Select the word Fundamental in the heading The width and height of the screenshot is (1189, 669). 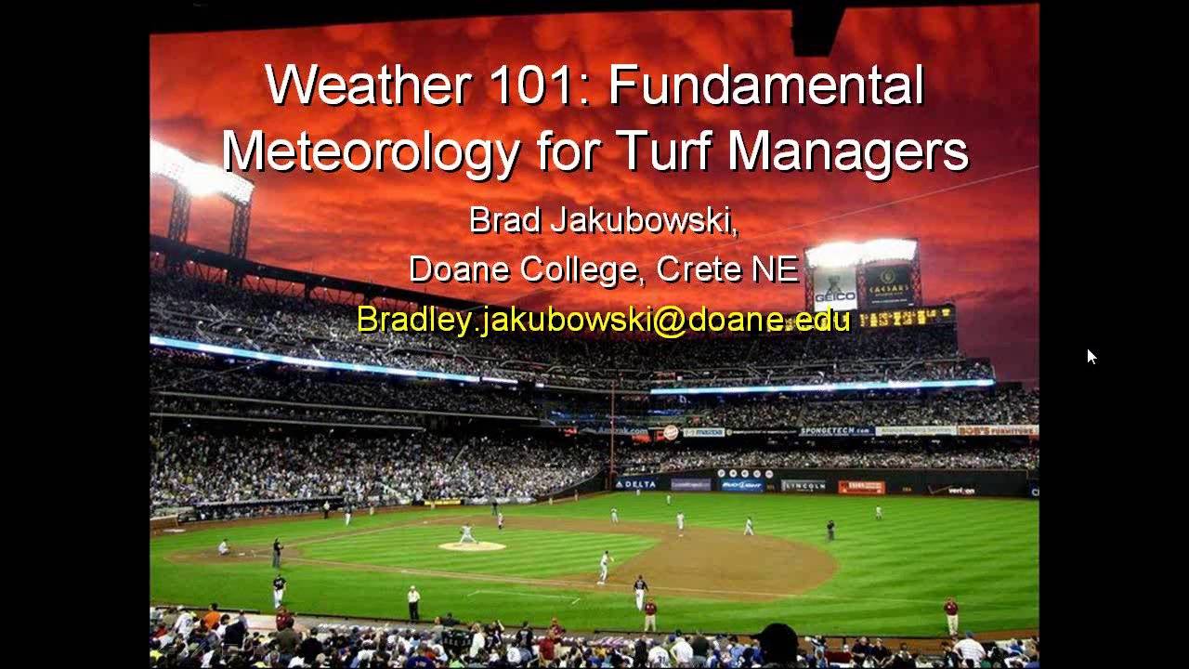pyautogui.click(x=766, y=85)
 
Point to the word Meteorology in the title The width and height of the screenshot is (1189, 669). pyautogui.click(x=371, y=151)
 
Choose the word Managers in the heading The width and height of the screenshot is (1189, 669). pyautogui.click(x=848, y=151)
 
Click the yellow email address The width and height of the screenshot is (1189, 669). pyautogui.click(x=604, y=319)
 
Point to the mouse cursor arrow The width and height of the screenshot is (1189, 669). pyautogui.click(x=1091, y=356)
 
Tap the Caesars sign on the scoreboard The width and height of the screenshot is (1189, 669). pyautogui.click(x=888, y=276)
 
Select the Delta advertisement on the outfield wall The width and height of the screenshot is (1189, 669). pyautogui.click(x=637, y=484)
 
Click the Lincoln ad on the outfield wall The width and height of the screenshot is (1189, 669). pyautogui.click(x=803, y=485)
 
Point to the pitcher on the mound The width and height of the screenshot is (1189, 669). pyautogui.click(x=467, y=534)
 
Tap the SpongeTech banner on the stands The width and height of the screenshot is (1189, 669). pyautogui.click(x=836, y=431)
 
